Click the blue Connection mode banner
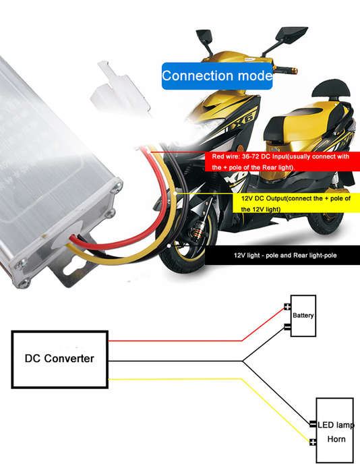217,76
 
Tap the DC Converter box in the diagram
59,359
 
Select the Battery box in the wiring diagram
303,316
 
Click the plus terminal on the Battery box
287,307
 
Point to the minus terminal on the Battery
287,326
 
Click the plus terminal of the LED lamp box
313,442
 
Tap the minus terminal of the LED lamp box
313,424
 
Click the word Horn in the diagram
336,439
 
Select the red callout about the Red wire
282,162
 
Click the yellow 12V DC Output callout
297,203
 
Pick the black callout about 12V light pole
282,256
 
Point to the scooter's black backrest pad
331,90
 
